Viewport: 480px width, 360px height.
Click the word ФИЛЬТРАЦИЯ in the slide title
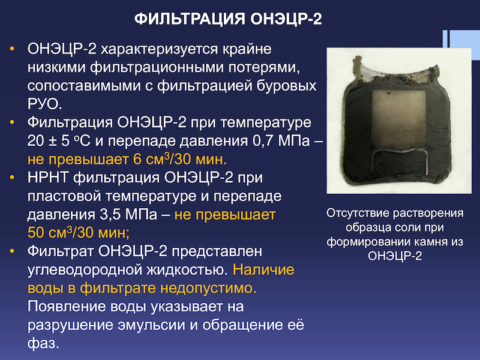click(x=190, y=19)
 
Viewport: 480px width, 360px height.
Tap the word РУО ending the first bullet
click(x=44, y=104)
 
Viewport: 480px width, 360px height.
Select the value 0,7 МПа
click(x=281, y=141)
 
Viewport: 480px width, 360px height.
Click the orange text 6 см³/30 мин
click(x=180, y=159)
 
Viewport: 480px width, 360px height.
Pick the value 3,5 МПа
click(x=128, y=215)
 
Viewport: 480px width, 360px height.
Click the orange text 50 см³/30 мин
click(x=79, y=233)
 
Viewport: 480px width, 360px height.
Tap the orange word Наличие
click(x=263, y=269)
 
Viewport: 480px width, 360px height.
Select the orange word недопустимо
click(x=208, y=289)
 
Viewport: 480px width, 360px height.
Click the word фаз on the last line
click(x=43, y=343)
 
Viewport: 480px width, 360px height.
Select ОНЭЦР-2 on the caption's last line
click(x=395, y=256)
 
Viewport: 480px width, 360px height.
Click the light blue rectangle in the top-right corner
click(x=461, y=44)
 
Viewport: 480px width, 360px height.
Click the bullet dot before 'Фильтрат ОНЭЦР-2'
click(x=12, y=251)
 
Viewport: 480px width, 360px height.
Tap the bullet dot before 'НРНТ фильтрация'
click(x=12, y=178)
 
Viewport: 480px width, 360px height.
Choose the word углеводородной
click(x=85, y=270)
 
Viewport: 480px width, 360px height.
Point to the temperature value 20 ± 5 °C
click(x=59, y=141)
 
